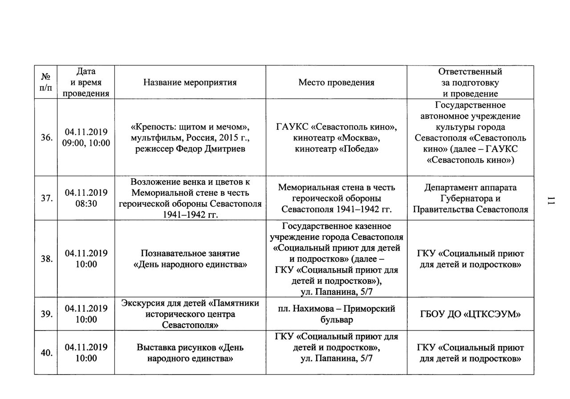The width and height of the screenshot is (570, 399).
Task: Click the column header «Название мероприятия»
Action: pyautogui.click(x=190, y=82)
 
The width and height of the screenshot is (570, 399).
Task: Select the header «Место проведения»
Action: pyautogui.click(x=336, y=82)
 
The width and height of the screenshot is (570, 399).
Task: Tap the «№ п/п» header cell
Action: pyautogui.click(x=45, y=82)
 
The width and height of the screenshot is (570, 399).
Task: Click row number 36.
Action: pyautogui.click(x=45, y=137)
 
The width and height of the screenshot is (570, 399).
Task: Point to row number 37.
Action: pyautogui.click(x=45, y=198)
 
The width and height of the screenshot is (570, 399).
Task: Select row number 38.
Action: pyautogui.click(x=45, y=259)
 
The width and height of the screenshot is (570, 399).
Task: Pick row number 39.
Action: pyautogui.click(x=45, y=314)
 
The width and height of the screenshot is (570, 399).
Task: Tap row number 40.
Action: pyautogui.click(x=45, y=353)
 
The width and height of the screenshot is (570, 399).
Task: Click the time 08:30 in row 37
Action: pyautogui.click(x=86, y=204)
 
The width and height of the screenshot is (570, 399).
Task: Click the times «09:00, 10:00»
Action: pyautogui.click(x=86, y=143)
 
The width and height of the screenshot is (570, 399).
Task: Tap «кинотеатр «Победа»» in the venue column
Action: pyautogui.click(x=336, y=149)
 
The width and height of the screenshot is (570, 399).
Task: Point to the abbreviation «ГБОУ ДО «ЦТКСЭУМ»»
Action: pyautogui.click(x=470, y=314)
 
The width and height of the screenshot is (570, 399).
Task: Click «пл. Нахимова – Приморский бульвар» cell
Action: pyautogui.click(x=336, y=314)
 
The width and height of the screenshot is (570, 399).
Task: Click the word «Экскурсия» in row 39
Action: pyautogui.click(x=142, y=303)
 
